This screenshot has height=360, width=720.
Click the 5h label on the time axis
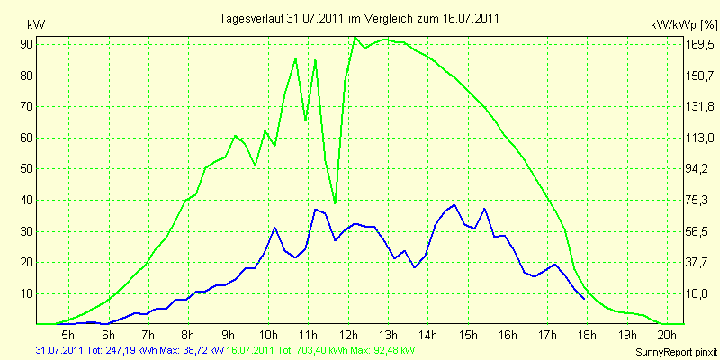pos(68,334)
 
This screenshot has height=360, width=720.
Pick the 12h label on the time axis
pos(349,334)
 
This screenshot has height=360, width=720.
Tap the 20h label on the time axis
pos(668,334)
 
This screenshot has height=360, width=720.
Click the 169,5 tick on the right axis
pos(701,44)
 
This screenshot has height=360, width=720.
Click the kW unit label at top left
pos(37,25)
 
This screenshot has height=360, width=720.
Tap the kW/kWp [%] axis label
pos(684,25)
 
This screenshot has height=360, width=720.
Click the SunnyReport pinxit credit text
pos(676,352)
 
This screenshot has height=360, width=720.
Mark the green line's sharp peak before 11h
pos(295,58)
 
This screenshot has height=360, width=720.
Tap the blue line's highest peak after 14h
pos(454,205)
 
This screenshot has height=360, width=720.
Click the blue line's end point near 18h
pos(584,299)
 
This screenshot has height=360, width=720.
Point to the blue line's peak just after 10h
pos(274,228)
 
